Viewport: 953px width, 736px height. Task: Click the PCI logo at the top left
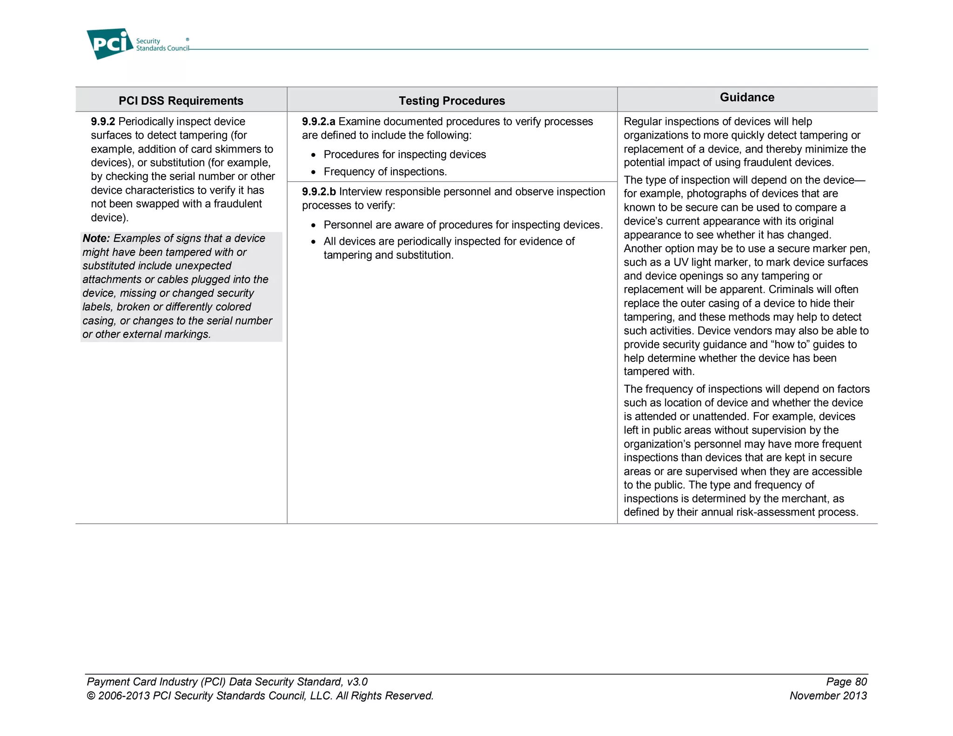click(x=110, y=44)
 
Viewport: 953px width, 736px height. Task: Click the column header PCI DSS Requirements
click(x=181, y=100)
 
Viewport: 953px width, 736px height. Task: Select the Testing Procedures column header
click(x=451, y=100)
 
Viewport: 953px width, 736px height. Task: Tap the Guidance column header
click(x=746, y=97)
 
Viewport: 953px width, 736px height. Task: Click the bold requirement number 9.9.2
click(x=102, y=121)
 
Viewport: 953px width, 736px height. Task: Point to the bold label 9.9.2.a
click(x=318, y=121)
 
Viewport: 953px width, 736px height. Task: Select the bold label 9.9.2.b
click(x=319, y=192)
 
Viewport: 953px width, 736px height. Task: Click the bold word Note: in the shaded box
click(x=96, y=238)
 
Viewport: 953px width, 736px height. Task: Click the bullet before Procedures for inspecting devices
click(x=314, y=155)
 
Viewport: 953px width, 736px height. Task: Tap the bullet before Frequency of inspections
click(x=314, y=173)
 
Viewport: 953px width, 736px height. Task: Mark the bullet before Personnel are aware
click(x=314, y=226)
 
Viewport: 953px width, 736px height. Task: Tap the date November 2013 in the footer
click(x=828, y=696)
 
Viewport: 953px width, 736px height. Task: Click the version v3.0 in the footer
click(x=357, y=682)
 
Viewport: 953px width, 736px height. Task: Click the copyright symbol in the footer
click(x=91, y=696)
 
